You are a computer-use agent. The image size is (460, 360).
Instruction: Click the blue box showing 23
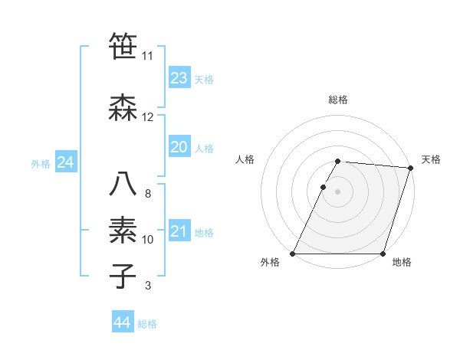click(179, 78)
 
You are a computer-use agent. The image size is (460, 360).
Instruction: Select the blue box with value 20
click(179, 147)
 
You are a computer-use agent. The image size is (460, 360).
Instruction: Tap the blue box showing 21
click(179, 232)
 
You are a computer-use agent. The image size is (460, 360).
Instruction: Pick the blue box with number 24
click(66, 162)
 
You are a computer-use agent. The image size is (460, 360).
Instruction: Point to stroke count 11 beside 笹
click(148, 56)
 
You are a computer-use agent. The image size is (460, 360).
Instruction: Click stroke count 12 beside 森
click(148, 117)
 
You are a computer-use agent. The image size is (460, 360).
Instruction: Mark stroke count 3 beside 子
click(147, 286)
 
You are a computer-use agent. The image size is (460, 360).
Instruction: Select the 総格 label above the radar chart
click(338, 100)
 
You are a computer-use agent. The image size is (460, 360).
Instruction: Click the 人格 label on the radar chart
click(245, 159)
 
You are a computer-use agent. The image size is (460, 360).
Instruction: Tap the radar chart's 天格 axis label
click(432, 159)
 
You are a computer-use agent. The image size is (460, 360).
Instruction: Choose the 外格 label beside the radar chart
click(270, 263)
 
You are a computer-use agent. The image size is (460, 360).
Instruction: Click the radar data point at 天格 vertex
click(411, 168)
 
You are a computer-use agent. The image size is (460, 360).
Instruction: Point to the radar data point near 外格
click(293, 254)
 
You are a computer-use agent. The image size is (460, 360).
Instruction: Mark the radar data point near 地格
click(383, 254)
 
